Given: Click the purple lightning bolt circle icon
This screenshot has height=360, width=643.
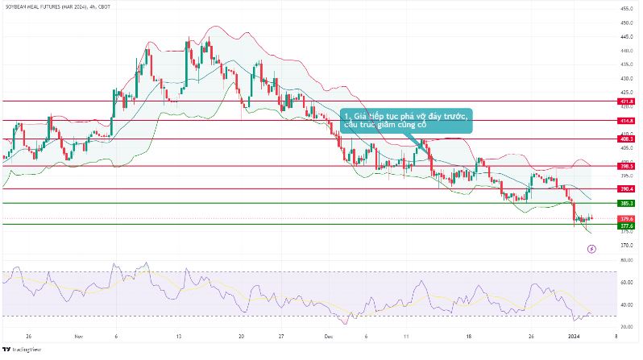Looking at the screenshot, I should pos(592,249).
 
